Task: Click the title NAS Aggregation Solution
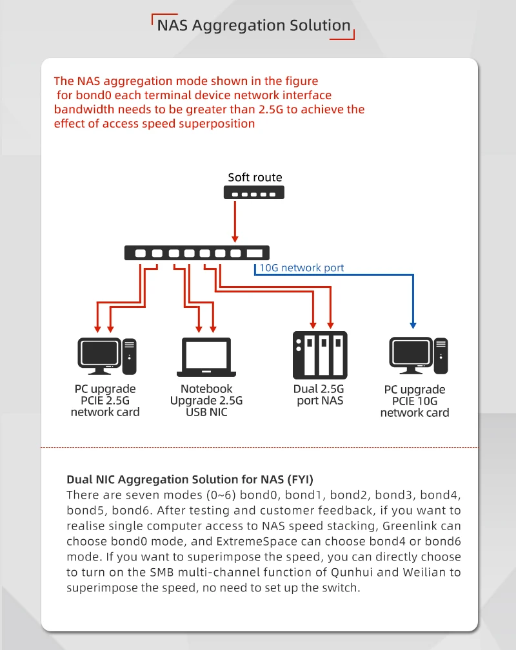pyautogui.click(x=254, y=26)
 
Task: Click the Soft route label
pyautogui.click(x=255, y=177)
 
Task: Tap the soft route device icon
pyautogui.click(x=255, y=193)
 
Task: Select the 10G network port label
pyautogui.click(x=301, y=268)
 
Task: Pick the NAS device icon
pyautogui.click(x=320, y=355)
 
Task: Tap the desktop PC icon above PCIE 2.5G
pyautogui.click(x=107, y=356)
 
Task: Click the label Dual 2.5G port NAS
pyautogui.click(x=319, y=394)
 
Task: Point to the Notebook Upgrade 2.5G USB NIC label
pyautogui.click(x=206, y=400)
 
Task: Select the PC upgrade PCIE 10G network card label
pyautogui.click(x=415, y=401)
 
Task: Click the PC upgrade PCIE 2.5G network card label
pyautogui.click(x=105, y=400)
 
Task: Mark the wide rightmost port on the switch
pyautogui.click(x=255, y=253)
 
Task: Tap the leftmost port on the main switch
pyautogui.click(x=141, y=253)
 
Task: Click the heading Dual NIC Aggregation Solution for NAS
pyautogui.click(x=190, y=479)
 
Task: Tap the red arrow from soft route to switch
pyautogui.click(x=235, y=222)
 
